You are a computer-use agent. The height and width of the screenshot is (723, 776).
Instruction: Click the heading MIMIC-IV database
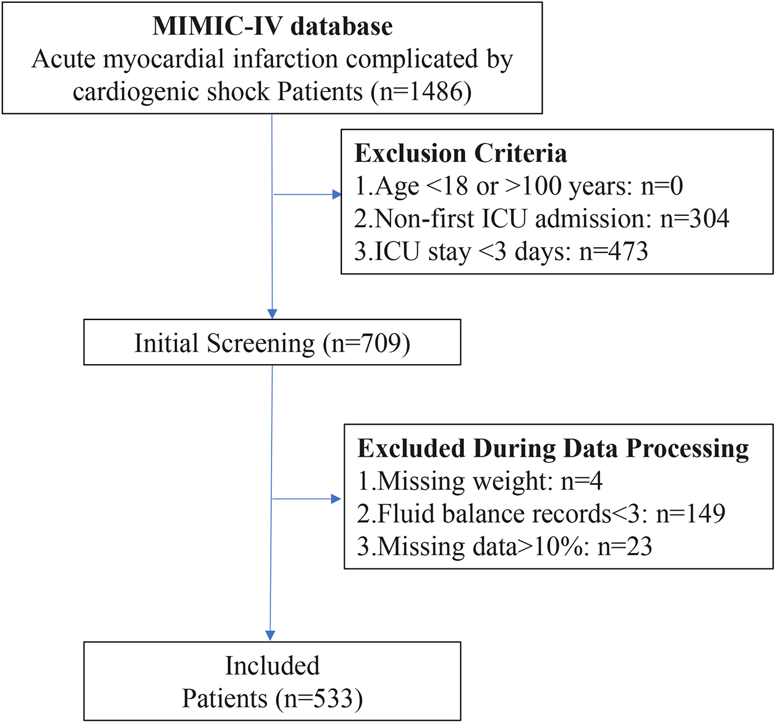(x=272, y=26)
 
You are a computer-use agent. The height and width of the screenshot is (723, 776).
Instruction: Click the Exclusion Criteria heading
(x=460, y=153)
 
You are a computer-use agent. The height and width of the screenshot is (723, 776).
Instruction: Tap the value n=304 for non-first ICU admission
(x=695, y=219)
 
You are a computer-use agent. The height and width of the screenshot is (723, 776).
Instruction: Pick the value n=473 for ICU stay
(x=613, y=251)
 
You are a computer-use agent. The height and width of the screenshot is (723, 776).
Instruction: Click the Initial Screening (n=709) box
(x=272, y=343)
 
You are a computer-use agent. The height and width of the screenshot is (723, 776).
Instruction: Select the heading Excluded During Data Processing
(x=553, y=448)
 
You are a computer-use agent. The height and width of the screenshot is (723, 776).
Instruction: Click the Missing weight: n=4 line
(x=479, y=481)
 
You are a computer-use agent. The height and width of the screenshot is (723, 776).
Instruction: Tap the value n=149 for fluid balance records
(x=691, y=513)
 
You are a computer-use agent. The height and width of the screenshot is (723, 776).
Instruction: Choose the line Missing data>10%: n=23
(x=504, y=546)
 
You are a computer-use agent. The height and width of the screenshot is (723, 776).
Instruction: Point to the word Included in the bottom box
(x=272, y=666)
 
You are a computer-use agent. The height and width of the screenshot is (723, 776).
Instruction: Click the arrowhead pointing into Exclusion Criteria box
(x=337, y=195)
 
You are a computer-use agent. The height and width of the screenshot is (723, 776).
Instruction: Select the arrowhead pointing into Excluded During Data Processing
(x=336, y=499)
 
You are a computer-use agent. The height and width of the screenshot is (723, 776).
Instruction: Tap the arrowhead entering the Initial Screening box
(x=272, y=314)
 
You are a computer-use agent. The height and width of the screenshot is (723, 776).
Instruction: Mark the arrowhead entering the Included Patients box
(x=270, y=635)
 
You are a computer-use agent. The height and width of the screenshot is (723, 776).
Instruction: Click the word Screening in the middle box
(x=261, y=343)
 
